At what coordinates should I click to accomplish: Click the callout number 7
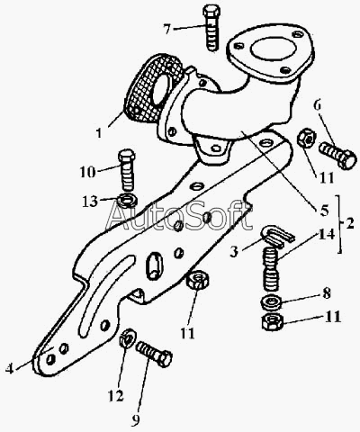point(168,29)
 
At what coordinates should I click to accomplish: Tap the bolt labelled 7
point(212,28)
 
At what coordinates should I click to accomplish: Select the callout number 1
point(99,132)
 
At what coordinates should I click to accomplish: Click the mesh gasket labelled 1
point(152,89)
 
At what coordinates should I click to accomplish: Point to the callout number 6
point(318,105)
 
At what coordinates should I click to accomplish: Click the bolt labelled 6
point(337,155)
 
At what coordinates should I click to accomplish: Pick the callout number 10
point(87,172)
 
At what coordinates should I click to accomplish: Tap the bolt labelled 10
point(126,170)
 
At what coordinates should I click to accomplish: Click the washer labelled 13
point(128,200)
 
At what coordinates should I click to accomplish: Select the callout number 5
point(324,211)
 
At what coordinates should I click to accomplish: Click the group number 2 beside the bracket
point(349,223)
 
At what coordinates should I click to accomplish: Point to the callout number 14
point(326,234)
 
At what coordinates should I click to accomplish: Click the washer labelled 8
point(271,302)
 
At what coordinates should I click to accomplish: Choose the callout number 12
point(116,396)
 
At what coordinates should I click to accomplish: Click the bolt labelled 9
point(154,355)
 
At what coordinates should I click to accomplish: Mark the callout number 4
point(9,368)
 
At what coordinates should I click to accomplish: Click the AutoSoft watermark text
point(179,217)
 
